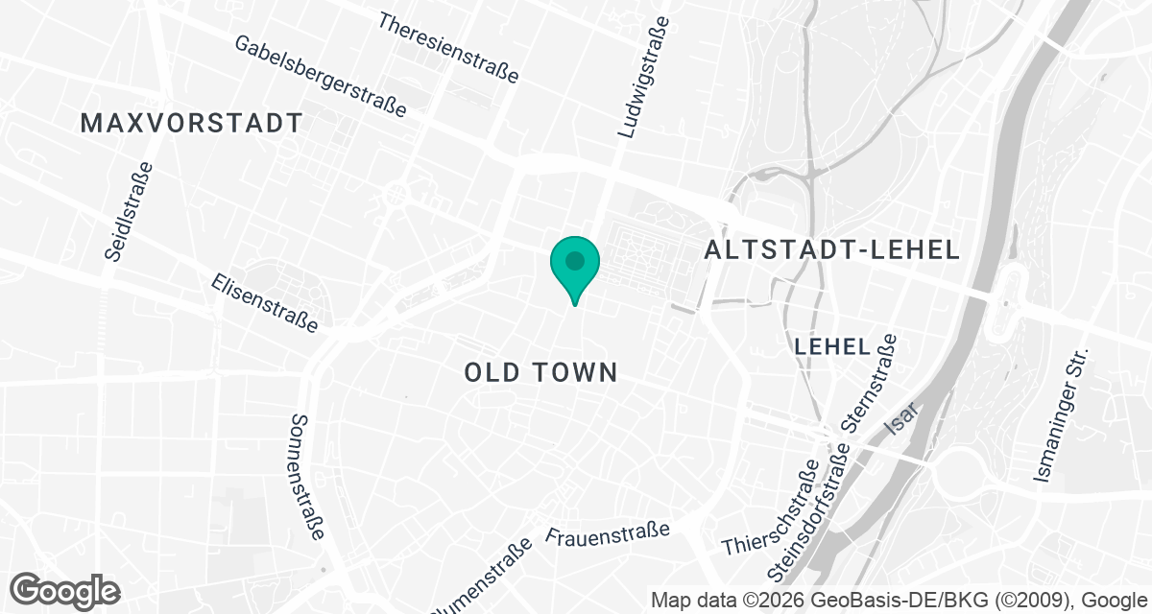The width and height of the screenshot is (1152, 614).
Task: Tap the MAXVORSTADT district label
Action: tap(192, 124)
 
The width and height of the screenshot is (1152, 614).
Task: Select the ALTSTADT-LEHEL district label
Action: tap(832, 250)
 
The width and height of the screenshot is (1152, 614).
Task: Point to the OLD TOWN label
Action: tap(541, 372)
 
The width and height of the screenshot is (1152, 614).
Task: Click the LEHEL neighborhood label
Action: tap(832, 346)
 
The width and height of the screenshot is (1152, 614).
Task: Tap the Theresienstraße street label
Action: tap(448, 47)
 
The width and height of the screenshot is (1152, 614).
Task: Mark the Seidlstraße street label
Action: tap(128, 212)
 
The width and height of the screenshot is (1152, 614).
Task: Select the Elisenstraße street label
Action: tap(265, 302)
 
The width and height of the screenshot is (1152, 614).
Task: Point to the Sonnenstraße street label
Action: tap(308, 478)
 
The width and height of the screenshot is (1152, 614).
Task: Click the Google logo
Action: tap(64, 590)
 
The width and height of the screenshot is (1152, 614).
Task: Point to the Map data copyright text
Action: tap(900, 601)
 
